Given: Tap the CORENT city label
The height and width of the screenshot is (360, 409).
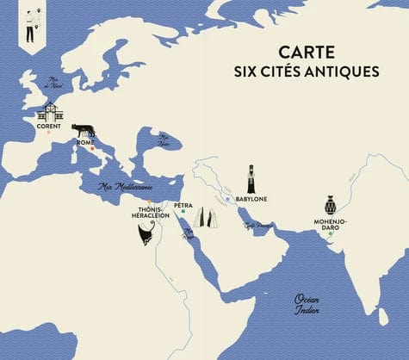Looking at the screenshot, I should pyautogui.click(x=49, y=125).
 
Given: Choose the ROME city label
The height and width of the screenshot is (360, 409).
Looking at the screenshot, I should pyautogui.click(x=87, y=142).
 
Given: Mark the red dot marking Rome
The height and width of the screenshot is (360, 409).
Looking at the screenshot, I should pyautogui.click(x=91, y=149).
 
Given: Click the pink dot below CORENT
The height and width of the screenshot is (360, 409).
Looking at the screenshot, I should pyautogui.click(x=49, y=133).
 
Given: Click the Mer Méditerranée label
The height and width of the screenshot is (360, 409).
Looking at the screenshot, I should pyautogui.click(x=125, y=185).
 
